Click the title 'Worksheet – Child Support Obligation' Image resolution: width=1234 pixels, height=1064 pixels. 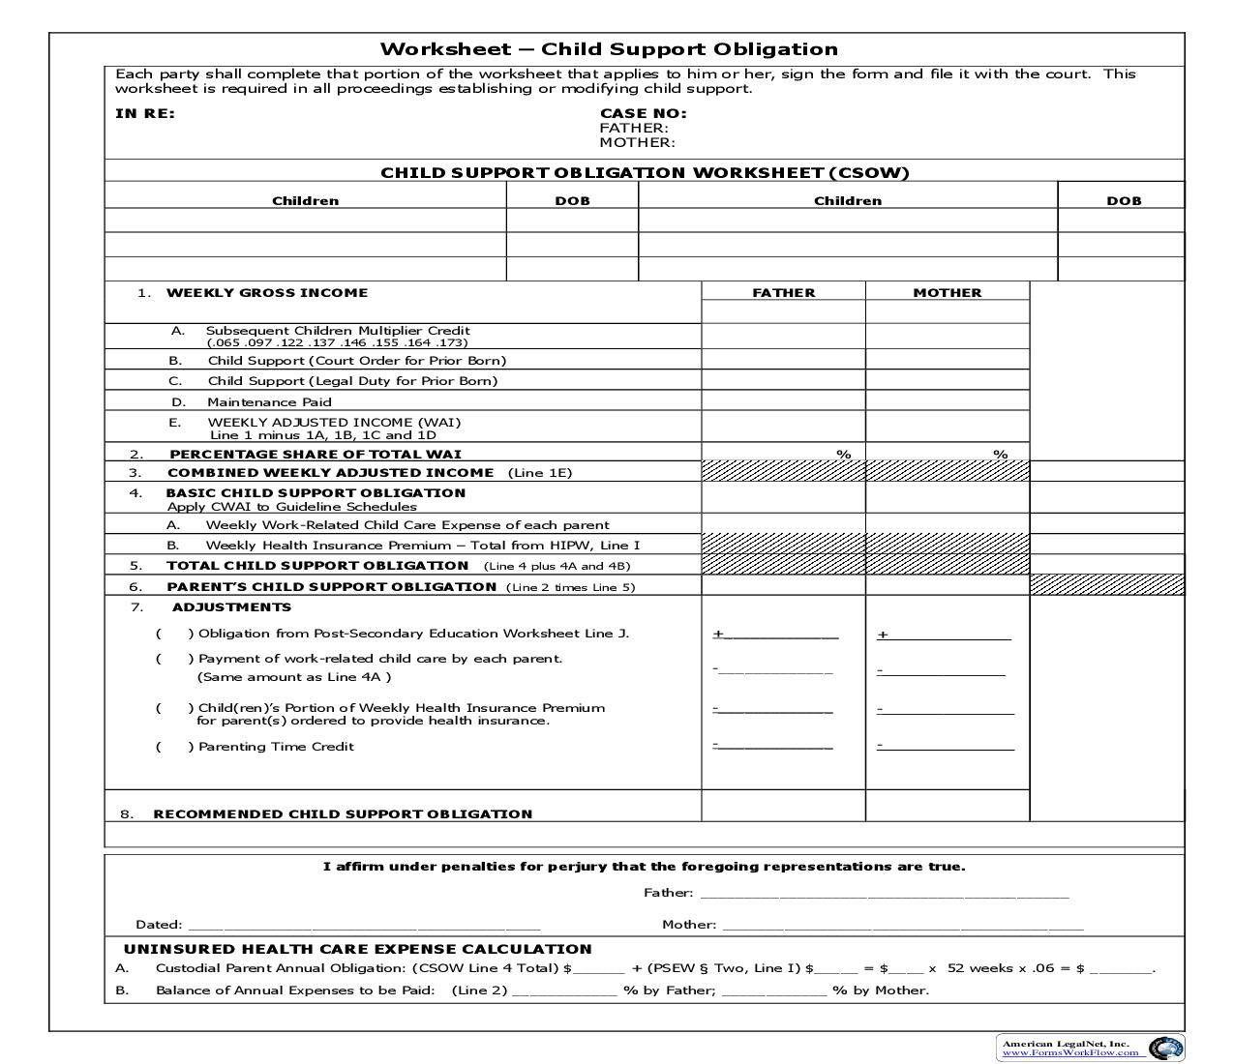(609, 49)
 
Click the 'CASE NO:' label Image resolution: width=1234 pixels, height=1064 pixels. (643, 113)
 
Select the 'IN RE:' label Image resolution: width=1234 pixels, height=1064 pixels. (145, 113)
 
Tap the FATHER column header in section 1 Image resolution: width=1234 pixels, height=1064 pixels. (783, 292)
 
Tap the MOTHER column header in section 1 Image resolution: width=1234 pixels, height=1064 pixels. (947, 292)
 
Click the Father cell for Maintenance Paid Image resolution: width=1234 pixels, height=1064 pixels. (783, 401)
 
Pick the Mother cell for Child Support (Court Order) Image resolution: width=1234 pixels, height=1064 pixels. (947, 360)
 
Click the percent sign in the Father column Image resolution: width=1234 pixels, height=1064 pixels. (843, 454)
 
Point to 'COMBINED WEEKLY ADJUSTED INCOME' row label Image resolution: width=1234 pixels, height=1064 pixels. (330, 473)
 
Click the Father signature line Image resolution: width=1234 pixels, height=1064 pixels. (884, 893)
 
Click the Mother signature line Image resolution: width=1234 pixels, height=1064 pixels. (902, 925)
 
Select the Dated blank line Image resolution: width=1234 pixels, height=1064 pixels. (363, 925)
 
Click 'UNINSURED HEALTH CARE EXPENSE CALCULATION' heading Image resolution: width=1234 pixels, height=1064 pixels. (357, 949)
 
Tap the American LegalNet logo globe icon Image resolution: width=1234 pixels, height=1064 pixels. (1165, 1048)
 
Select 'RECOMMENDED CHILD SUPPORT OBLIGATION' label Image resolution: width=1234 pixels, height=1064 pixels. (343, 814)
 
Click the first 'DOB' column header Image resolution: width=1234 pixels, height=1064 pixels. (572, 200)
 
